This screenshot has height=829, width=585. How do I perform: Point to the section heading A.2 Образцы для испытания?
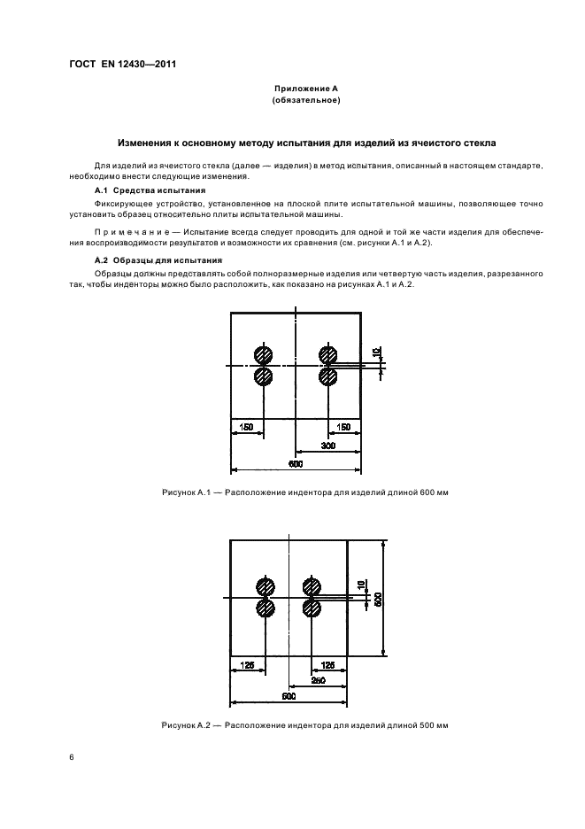[x=158, y=260]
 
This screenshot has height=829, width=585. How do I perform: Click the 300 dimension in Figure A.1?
[x=327, y=447]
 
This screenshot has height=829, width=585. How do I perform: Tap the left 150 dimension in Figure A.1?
[x=246, y=427]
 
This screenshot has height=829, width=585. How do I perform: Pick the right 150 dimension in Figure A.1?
[x=344, y=427]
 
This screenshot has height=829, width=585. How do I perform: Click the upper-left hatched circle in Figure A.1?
[x=263, y=354]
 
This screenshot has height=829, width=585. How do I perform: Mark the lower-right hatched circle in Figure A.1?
[x=328, y=376]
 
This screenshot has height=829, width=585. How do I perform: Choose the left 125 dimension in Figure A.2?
[x=246, y=663]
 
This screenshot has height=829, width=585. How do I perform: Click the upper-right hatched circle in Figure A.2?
[x=311, y=586]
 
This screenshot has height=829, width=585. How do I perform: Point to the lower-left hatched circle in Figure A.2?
[x=264, y=608]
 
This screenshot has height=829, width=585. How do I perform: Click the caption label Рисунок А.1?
[x=182, y=492]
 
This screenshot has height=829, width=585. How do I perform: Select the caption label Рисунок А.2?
[x=182, y=725]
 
